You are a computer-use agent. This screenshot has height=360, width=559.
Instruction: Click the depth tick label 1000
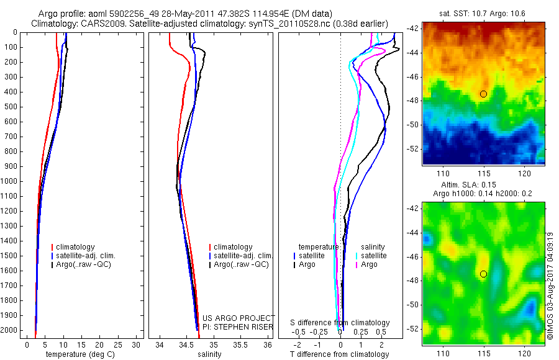tap(11, 181)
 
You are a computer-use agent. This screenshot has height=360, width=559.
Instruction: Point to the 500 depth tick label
tap(12, 107)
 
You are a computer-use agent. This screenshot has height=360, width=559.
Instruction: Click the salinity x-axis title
tap(209, 354)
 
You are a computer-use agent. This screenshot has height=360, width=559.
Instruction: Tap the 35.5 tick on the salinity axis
tap(240, 344)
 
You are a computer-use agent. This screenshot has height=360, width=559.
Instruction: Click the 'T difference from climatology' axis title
tap(339, 354)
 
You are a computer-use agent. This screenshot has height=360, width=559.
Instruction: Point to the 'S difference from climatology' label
tap(340, 323)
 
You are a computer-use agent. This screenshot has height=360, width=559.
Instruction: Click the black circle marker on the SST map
tap(483, 94)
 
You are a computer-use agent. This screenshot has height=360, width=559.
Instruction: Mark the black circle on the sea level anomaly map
tap(483, 274)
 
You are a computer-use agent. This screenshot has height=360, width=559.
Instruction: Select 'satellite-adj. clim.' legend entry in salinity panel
tap(243, 256)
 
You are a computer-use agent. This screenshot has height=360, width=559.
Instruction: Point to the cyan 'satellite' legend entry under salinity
tap(374, 256)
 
